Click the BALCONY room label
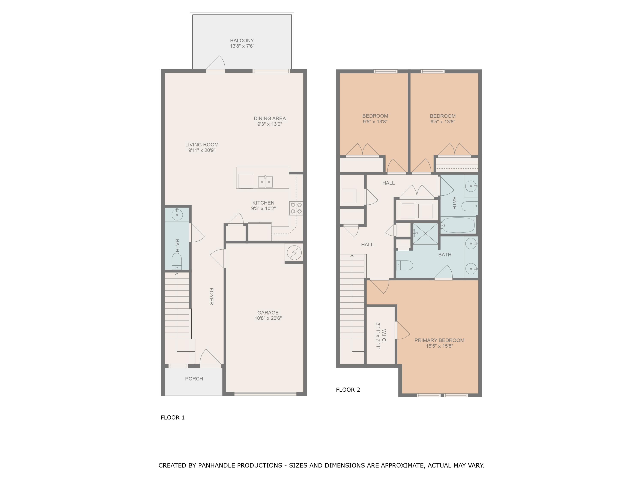click(x=242, y=40)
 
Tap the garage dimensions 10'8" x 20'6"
click(x=268, y=318)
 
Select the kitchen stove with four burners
click(x=296, y=208)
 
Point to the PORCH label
click(x=194, y=379)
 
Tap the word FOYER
click(x=211, y=296)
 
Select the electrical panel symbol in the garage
click(x=294, y=253)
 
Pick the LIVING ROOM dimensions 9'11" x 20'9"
click(x=202, y=150)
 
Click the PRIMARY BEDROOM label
click(x=439, y=340)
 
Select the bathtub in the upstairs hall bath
click(x=458, y=225)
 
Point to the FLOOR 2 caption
click(x=348, y=390)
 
